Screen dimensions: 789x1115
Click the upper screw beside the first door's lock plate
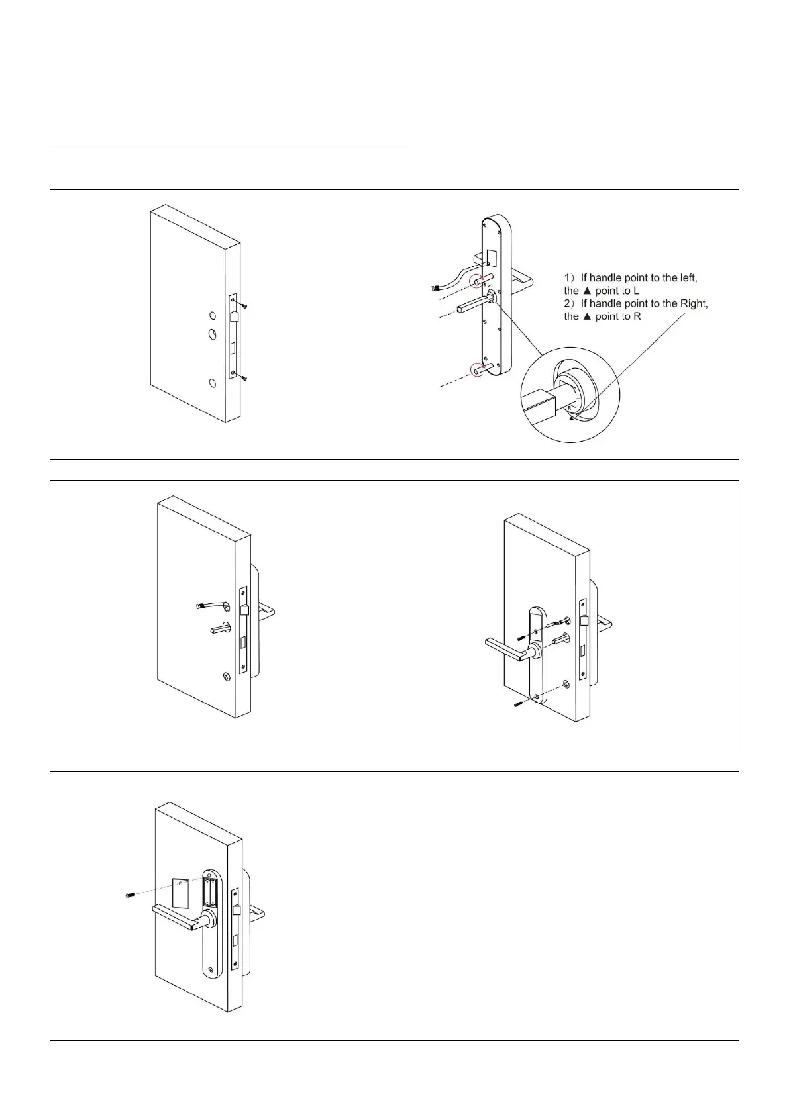pyautogui.click(x=244, y=305)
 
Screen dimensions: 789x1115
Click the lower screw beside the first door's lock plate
pyautogui.click(x=244, y=378)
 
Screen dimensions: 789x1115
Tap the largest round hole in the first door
pyautogui.click(x=212, y=334)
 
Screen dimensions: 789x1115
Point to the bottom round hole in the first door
pyautogui.click(x=211, y=383)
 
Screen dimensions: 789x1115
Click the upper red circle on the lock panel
pyautogui.click(x=476, y=281)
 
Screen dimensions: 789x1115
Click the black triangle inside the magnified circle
pyautogui.click(x=571, y=418)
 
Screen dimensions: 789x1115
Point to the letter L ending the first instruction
pyautogui.click(x=636, y=291)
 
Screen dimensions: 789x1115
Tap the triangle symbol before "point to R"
pyautogui.click(x=586, y=316)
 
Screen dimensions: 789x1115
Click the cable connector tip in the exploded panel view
pyautogui.click(x=435, y=288)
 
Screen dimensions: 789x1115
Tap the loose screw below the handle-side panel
pyautogui.click(x=518, y=706)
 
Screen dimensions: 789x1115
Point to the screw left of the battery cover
pyautogui.click(x=129, y=895)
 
